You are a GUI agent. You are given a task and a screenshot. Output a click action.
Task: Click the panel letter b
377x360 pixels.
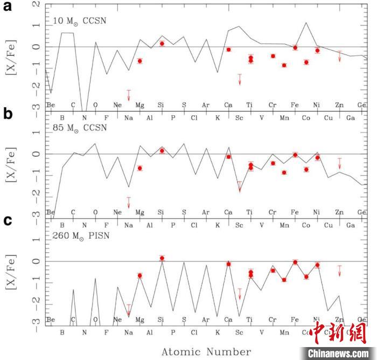[x=9, y=114]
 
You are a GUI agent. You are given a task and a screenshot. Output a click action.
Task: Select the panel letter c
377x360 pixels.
[x=8, y=220]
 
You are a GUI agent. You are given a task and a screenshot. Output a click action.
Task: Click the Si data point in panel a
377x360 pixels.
[x=162, y=44]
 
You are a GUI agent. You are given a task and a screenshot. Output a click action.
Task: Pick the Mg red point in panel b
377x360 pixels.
[x=140, y=168]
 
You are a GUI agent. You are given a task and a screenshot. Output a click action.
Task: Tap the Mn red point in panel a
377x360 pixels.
[x=284, y=65]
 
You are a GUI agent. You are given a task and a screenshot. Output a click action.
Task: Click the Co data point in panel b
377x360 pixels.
[x=306, y=169]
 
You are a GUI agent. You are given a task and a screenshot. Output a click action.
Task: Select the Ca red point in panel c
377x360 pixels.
[x=228, y=264]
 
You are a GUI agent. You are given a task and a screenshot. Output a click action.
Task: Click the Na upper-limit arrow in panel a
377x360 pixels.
[x=129, y=95]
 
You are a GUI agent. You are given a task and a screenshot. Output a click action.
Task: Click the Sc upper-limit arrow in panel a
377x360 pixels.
[x=240, y=79]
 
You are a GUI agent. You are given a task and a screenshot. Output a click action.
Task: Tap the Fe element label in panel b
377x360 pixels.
[x=295, y=212]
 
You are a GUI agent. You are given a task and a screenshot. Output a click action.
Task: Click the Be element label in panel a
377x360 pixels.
[x=51, y=105]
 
